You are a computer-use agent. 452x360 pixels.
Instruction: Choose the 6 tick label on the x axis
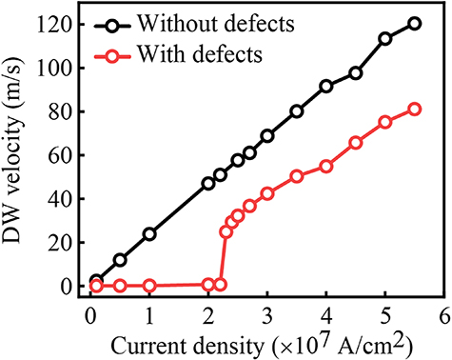pos(443,315)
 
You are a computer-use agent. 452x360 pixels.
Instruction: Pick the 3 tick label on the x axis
pos(267,315)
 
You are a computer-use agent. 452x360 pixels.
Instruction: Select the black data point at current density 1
pos(149,233)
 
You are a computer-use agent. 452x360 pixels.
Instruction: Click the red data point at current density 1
pos(149,285)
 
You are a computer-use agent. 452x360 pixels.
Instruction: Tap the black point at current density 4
pos(326,86)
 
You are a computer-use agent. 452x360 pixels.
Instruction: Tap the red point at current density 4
pos(326,166)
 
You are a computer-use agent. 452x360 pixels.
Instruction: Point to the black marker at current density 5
pos(385,39)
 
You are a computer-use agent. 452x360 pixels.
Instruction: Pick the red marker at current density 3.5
pos(297,176)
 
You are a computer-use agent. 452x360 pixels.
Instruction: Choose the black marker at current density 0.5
pos(120,259)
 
